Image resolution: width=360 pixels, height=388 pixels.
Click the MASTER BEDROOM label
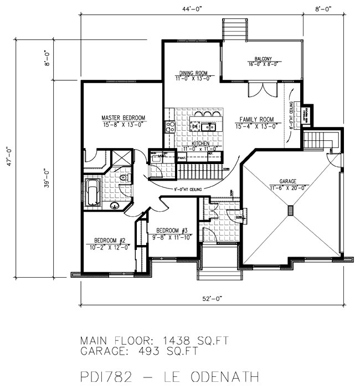point(123,118)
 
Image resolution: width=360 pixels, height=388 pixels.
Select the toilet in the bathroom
point(125,177)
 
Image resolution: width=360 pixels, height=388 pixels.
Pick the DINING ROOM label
point(193,73)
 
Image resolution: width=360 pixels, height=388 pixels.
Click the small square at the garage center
point(291,210)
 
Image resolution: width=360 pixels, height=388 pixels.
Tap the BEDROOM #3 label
point(172,231)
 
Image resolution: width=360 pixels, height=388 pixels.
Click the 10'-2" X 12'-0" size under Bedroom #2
point(109,248)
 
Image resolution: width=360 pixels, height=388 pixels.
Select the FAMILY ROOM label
point(258,120)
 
